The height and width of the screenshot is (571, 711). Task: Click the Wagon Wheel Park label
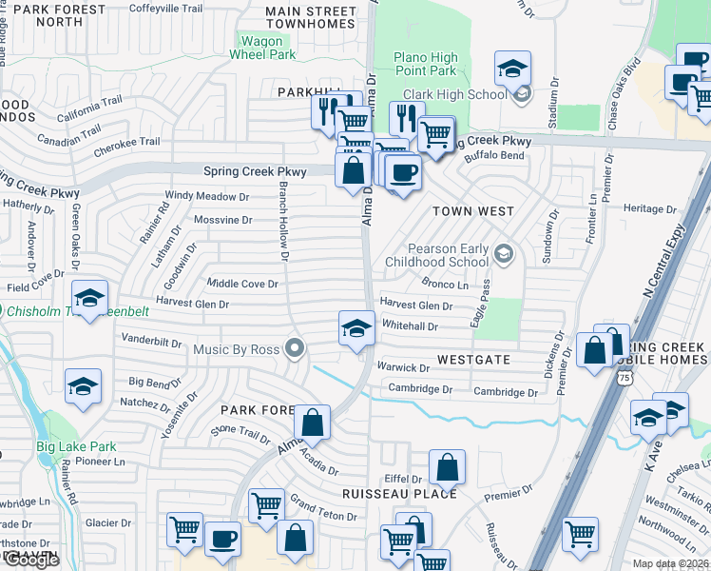click(x=262, y=48)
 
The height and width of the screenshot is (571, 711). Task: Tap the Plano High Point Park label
click(x=426, y=65)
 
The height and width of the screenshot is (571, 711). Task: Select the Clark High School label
click(x=455, y=94)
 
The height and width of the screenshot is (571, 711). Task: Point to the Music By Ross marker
click(x=295, y=349)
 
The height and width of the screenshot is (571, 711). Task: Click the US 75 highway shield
click(x=624, y=378)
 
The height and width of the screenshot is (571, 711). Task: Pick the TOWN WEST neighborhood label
click(x=473, y=211)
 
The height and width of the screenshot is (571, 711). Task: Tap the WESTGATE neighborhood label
click(x=473, y=361)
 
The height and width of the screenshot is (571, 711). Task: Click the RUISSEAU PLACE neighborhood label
click(x=399, y=494)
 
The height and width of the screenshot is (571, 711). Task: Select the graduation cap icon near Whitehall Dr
click(x=356, y=328)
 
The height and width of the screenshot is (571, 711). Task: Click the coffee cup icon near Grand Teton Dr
click(x=223, y=538)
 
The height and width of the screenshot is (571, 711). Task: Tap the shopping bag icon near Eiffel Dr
click(x=447, y=467)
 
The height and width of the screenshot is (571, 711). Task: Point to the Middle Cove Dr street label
click(x=242, y=284)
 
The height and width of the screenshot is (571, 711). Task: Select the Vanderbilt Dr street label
click(x=151, y=339)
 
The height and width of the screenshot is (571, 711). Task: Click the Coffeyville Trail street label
click(x=165, y=9)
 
